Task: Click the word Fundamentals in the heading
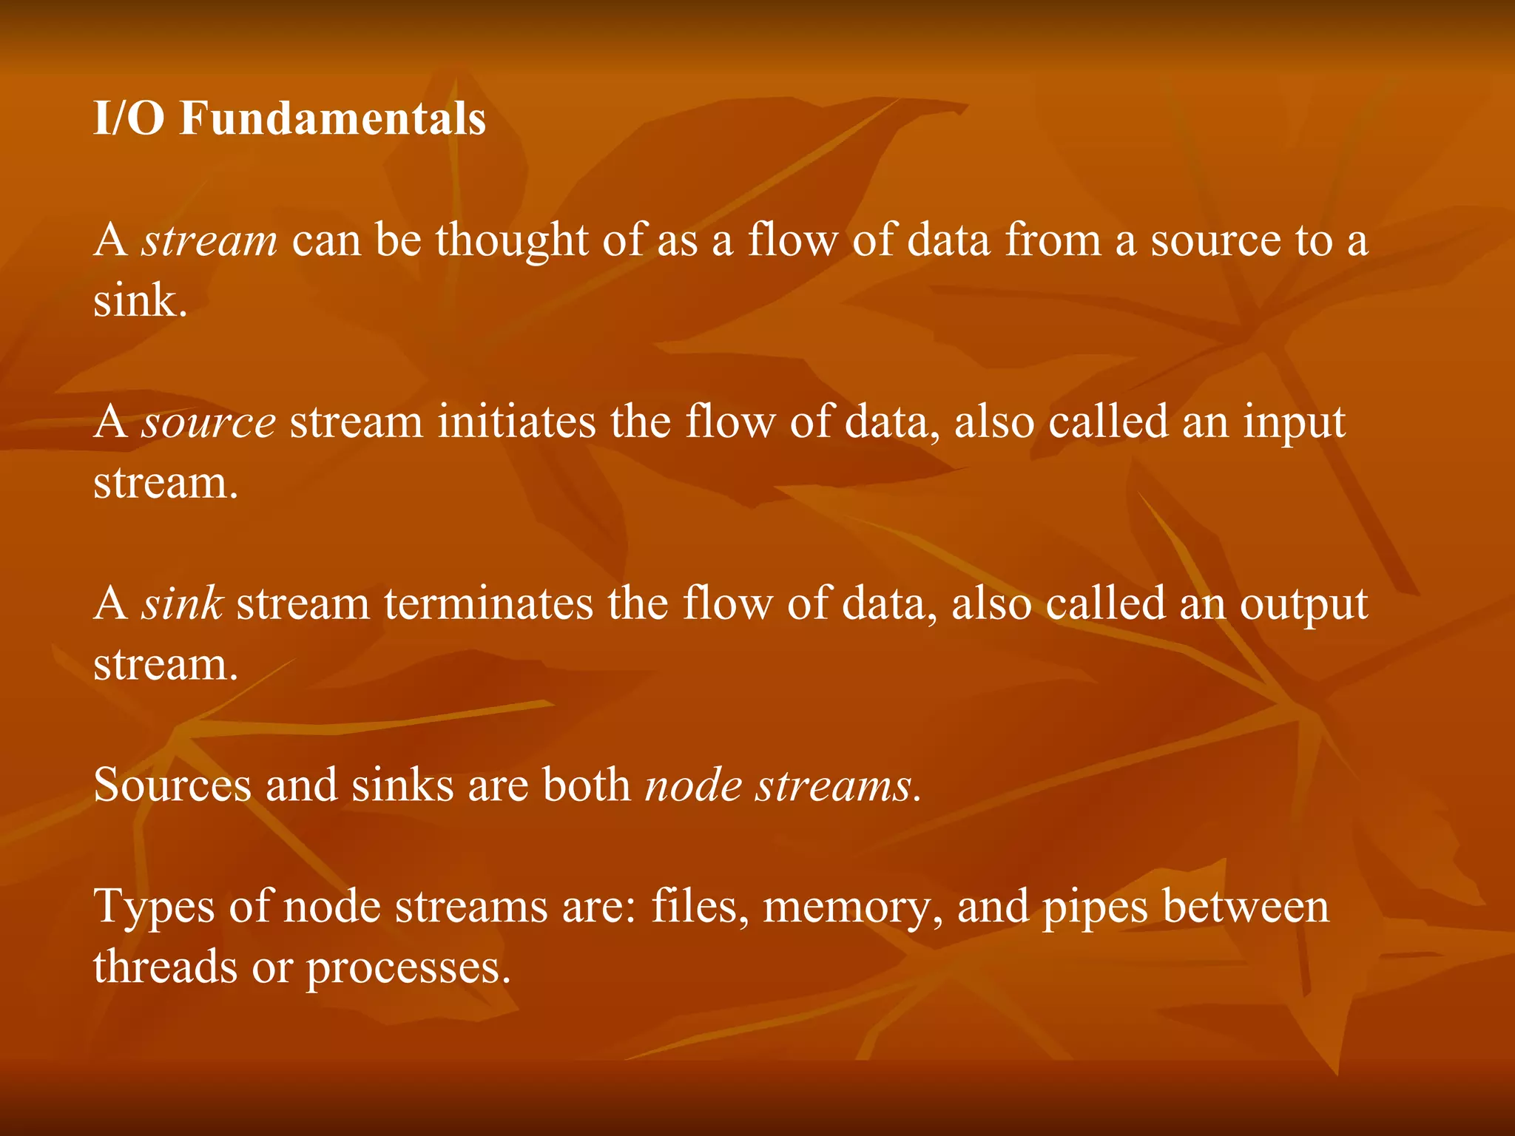point(332,119)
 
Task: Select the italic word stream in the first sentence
point(210,241)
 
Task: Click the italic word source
point(209,423)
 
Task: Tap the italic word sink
point(183,603)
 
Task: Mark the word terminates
point(488,603)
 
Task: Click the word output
point(1303,605)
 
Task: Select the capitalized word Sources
point(172,785)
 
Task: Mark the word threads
point(165,967)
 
